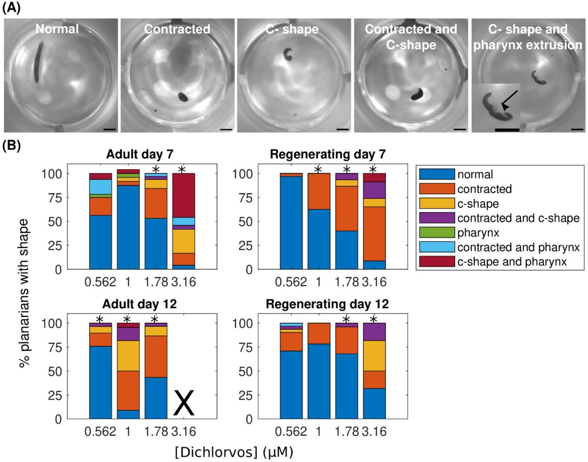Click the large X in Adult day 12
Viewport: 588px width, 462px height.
point(183,402)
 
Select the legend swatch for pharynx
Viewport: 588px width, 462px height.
point(437,233)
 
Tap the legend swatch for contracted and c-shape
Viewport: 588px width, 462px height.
point(437,218)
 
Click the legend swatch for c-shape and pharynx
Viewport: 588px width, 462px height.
point(437,262)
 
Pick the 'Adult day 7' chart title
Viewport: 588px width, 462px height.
point(140,154)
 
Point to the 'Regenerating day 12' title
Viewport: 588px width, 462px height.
point(327,304)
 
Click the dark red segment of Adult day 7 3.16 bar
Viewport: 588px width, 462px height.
point(183,195)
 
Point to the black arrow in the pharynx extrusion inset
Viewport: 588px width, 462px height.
point(509,100)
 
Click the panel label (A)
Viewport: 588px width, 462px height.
point(11,9)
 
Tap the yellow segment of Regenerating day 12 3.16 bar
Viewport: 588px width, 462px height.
point(374,356)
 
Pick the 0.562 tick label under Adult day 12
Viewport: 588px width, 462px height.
point(100,431)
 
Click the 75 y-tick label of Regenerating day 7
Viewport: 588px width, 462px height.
point(244,197)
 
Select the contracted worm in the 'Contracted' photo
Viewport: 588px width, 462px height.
point(184,97)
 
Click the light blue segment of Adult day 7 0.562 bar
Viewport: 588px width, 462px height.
point(101,187)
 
